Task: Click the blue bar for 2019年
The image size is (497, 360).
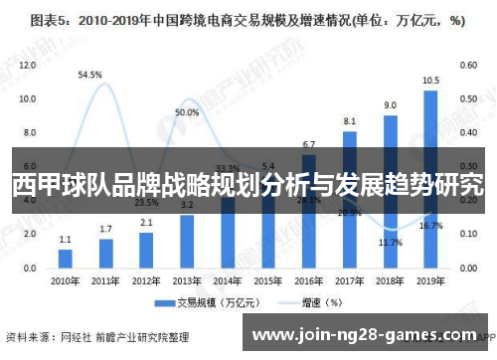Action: pyautogui.click(x=430, y=179)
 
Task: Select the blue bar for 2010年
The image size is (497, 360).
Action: pyautogui.click(x=66, y=258)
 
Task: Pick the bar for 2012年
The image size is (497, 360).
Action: pyautogui.click(x=146, y=250)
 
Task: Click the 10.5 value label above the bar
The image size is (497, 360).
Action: pyautogui.click(x=430, y=81)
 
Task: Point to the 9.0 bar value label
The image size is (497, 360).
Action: pyautogui.click(x=390, y=104)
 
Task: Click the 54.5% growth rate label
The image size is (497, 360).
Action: pyautogui.click(x=90, y=75)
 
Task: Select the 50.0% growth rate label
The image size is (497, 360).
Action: pyautogui.click(x=187, y=113)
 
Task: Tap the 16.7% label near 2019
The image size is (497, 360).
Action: pyautogui.click(x=430, y=227)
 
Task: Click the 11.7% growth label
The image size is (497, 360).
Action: pyautogui.click(x=391, y=243)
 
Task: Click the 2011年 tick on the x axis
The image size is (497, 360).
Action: pyautogui.click(x=106, y=281)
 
